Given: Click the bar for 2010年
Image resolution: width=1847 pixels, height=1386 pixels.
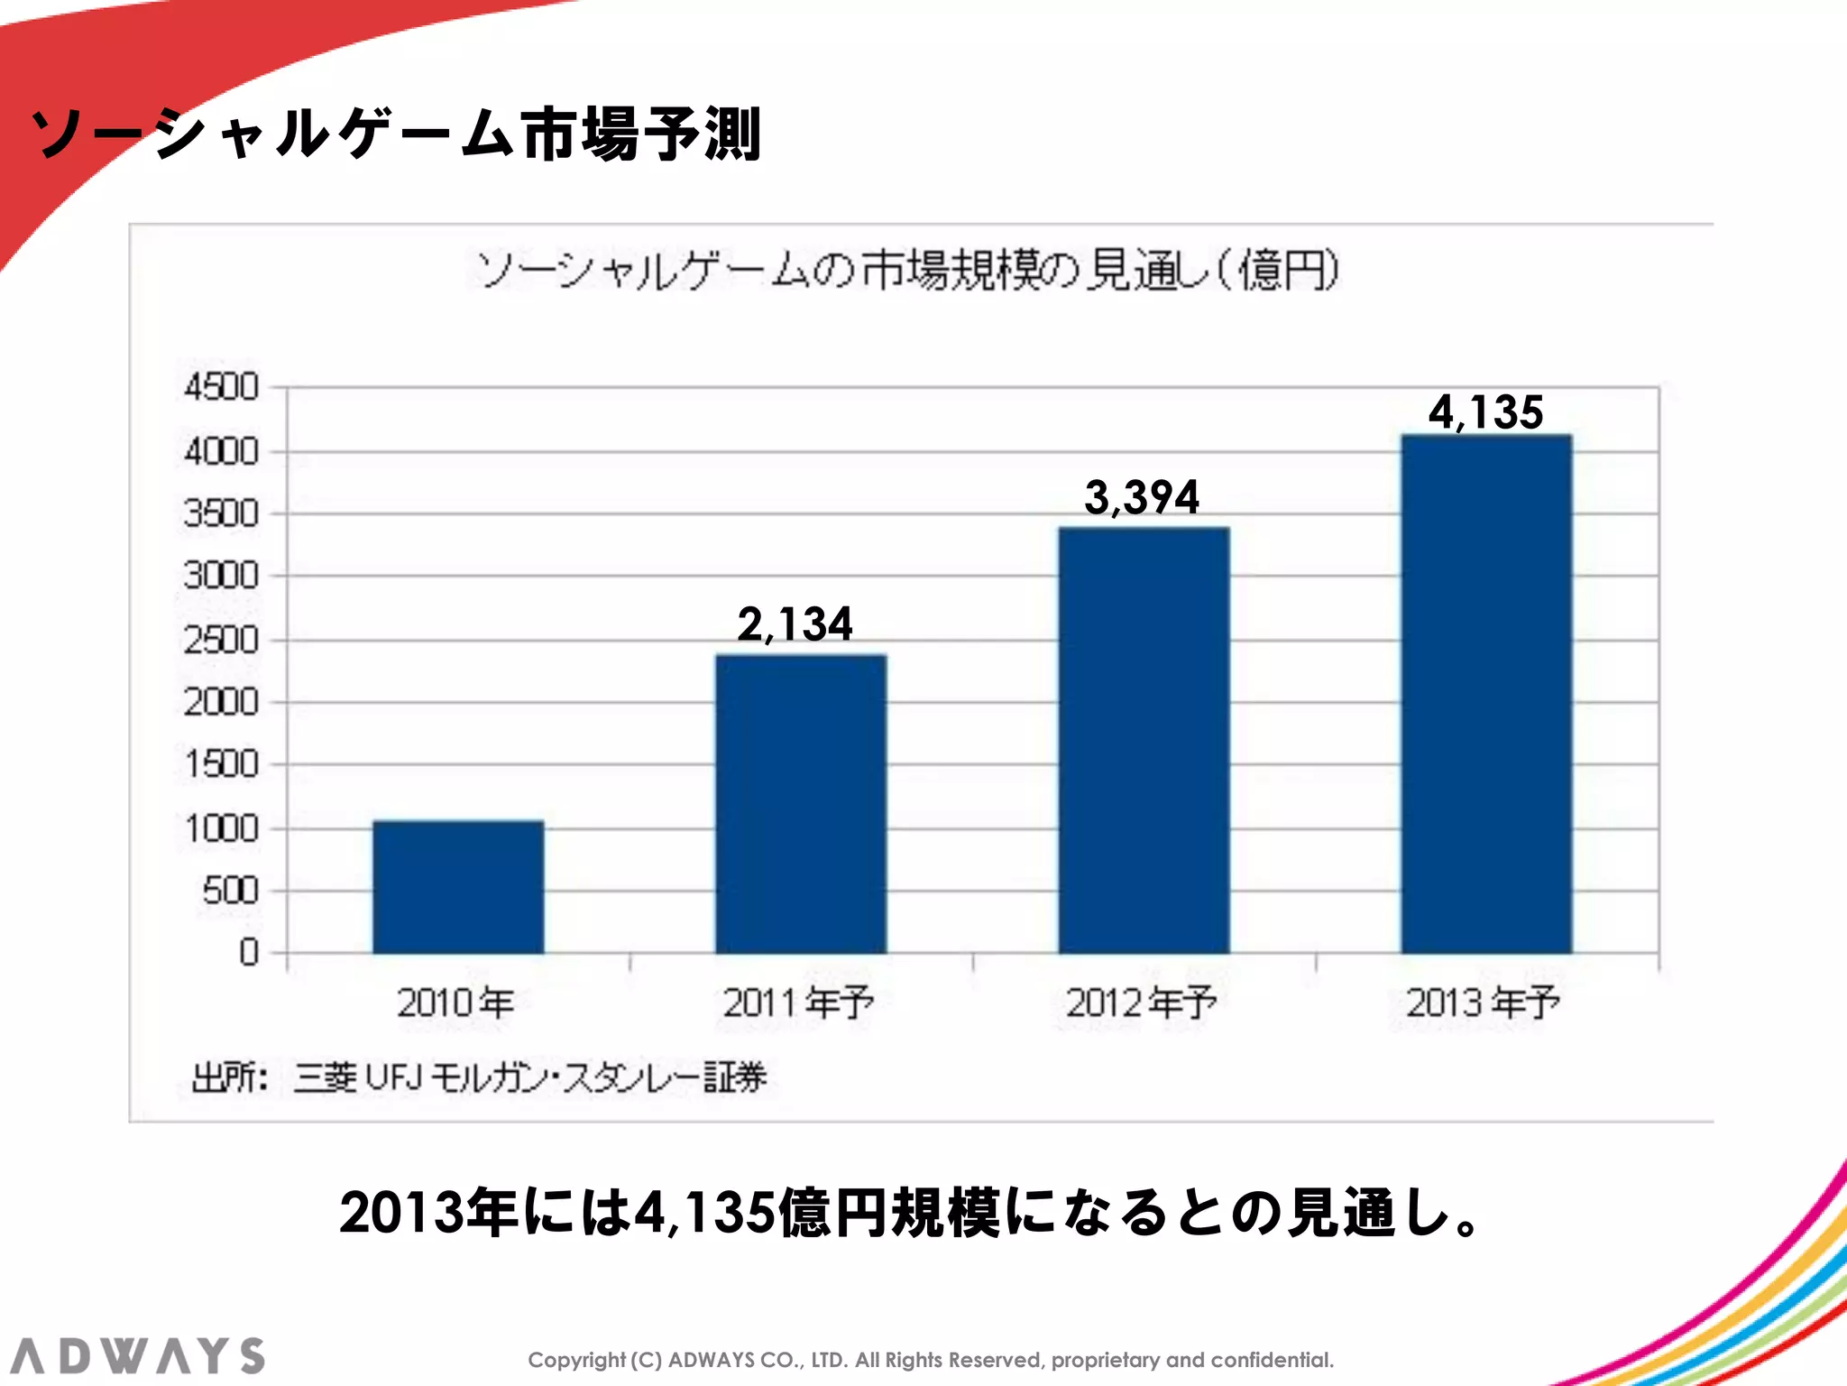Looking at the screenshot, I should pos(458,886).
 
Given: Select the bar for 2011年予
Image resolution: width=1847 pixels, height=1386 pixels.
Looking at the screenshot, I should pos(801,803).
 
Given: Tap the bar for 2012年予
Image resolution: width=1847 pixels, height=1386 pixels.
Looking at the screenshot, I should pos(1144,740).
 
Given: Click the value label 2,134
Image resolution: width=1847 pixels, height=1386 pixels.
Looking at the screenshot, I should pos(795,624).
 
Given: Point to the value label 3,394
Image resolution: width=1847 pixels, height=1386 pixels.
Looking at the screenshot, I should pos(1142,497).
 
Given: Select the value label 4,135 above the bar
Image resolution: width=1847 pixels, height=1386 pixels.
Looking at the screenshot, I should pos(1485,412).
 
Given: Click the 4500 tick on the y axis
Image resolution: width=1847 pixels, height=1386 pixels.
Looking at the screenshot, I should pos(221,388).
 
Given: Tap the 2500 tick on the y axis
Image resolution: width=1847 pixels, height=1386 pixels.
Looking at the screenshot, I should pos(221,641).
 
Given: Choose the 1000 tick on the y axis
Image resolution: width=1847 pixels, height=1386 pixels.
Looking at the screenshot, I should pos(221,828).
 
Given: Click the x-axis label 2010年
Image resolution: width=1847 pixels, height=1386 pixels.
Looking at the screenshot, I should pos(455,1003).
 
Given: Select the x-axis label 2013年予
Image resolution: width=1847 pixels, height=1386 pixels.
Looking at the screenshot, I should pos(1483,1003).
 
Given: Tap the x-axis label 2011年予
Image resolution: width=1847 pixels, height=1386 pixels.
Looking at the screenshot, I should pos(798,1003).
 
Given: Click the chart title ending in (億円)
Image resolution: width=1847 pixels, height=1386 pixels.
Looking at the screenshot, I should pos(907,270).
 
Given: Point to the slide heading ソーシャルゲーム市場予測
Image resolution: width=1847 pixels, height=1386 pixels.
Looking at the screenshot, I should pos(397,134).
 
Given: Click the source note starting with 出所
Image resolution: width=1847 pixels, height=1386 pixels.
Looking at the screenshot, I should pos(479,1077).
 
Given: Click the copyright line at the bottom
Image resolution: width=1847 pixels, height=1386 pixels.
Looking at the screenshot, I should pos(930,1360).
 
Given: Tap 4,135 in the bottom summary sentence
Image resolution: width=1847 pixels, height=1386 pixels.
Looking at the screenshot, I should pos(703,1212).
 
